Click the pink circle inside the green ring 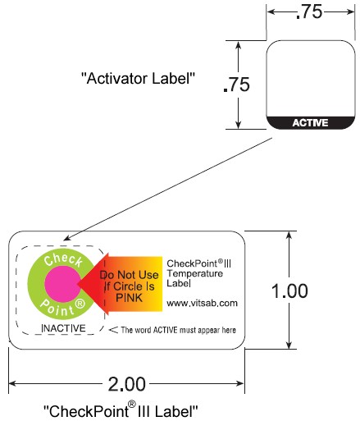pyautogui.click(x=62, y=284)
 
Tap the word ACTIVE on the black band pyautogui.click(x=310, y=123)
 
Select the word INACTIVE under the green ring pyautogui.click(x=63, y=328)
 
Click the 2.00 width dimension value pyautogui.click(x=126, y=384)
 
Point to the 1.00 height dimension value pyautogui.click(x=289, y=291)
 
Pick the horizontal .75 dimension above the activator pyautogui.click(x=309, y=11)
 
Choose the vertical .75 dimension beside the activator pyautogui.click(x=236, y=85)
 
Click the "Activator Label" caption pyautogui.click(x=139, y=79)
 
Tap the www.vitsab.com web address pyautogui.click(x=202, y=303)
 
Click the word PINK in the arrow pyautogui.click(x=129, y=298)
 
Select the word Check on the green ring pyautogui.click(x=63, y=259)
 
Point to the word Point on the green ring pyautogui.click(x=57, y=309)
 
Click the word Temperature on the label pyautogui.click(x=195, y=273)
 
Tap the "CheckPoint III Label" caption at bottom pyautogui.click(x=121, y=410)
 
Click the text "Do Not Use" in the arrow pyautogui.click(x=129, y=275)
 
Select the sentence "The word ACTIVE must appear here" pyautogui.click(x=178, y=330)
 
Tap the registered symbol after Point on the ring pyautogui.click(x=80, y=304)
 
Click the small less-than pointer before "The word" pyautogui.click(x=113, y=330)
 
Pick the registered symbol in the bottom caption pyautogui.click(x=132, y=404)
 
